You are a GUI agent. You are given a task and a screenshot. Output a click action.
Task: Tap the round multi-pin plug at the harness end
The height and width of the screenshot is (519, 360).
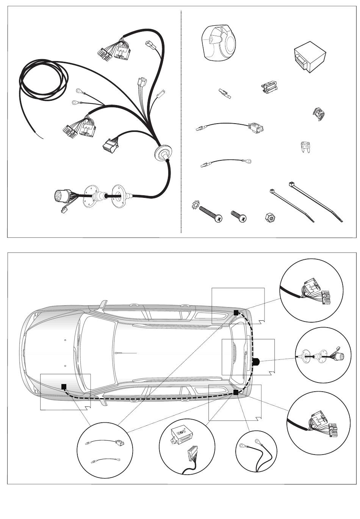(62, 197)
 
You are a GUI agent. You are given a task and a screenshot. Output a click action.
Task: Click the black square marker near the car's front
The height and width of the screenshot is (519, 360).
(64, 386)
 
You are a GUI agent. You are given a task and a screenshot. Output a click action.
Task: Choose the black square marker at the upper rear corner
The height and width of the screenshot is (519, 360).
(236, 313)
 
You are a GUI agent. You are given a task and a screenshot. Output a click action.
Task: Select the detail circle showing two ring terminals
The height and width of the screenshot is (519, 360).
(256, 451)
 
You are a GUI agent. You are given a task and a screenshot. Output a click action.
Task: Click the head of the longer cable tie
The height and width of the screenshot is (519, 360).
(293, 185)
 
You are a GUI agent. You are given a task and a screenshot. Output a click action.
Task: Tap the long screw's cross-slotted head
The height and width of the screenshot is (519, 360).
(218, 218)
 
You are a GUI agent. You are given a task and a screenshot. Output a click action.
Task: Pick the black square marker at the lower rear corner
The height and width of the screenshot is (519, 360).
(236, 392)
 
